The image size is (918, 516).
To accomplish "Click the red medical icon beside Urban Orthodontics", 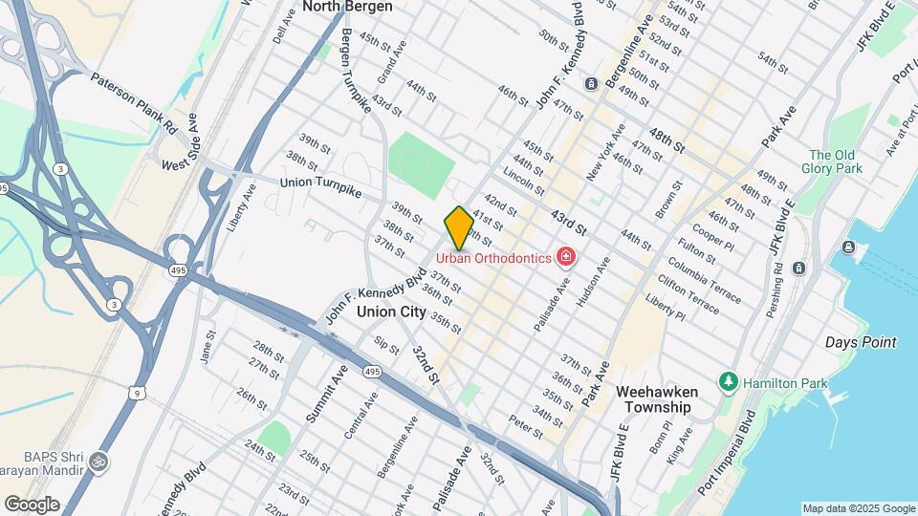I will point(566,257).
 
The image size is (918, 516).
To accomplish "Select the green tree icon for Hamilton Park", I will point(729,381).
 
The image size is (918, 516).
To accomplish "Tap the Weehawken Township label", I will point(669,399).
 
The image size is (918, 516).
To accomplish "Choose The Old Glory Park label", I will point(835,161).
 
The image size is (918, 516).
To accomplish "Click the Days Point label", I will point(861,342).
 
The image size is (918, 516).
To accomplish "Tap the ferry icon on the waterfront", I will point(849,248).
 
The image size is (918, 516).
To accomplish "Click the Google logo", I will point(32,504).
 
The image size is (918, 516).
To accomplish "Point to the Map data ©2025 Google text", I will point(858,508).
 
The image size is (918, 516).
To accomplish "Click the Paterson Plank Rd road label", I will point(134,101).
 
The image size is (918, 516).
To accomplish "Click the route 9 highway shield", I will point(140,392).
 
